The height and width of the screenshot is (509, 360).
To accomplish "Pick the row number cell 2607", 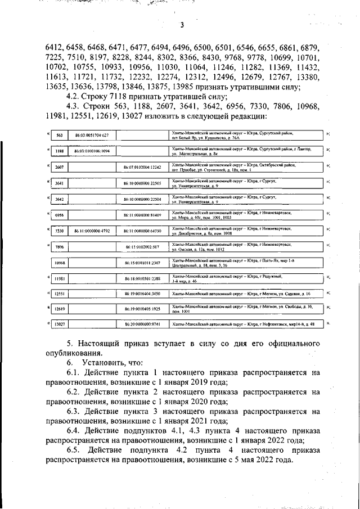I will tap(58, 167).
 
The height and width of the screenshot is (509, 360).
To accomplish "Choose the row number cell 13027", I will tap(58, 325).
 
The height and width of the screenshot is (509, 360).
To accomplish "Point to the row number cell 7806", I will tap(58, 246).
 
